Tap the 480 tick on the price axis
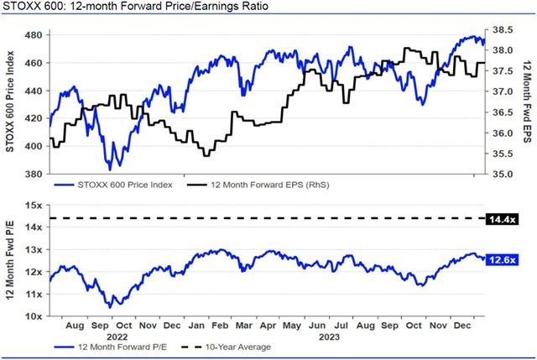pos(34,35)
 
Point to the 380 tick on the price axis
pos(34,175)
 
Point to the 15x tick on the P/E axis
pos(35,205)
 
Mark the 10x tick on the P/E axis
pos(35,316)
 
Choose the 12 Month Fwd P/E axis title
pos(11,260)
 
